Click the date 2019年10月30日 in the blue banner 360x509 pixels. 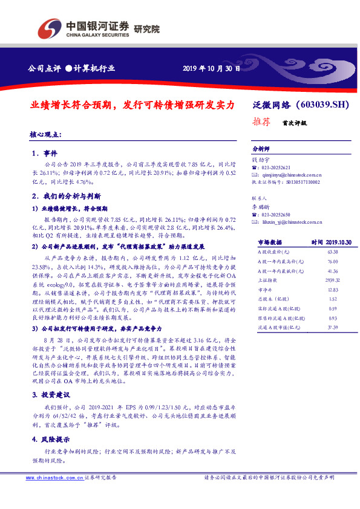[211, 69]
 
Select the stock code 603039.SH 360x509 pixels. [324, 105]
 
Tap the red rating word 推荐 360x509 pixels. [260, 122]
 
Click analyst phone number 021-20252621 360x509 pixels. [274, 167]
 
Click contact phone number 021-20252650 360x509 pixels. [274, 215]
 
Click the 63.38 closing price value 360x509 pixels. [332, 250]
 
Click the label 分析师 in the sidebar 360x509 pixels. [261, 149]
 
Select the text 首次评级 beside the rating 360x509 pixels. [294, 122]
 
